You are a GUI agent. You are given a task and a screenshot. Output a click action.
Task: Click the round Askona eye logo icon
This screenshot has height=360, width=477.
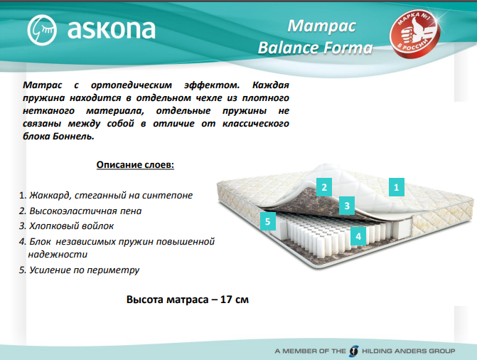[42, 30]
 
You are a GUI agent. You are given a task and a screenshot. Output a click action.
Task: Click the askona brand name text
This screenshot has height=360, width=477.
[111, 29]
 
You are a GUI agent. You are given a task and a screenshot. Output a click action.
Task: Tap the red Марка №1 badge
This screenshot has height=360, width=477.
[414, 33]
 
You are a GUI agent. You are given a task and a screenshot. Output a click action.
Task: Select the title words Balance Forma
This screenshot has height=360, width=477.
[315, 48]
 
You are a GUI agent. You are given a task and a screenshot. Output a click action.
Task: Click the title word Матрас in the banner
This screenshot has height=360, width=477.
[321, 26]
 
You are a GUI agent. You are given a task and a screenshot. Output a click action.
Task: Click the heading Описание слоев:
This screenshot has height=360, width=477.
[135, 165]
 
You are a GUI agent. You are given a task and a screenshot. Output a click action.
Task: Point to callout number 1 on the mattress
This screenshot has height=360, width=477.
[397, 187]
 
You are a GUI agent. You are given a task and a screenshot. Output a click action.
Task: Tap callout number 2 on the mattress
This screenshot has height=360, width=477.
[324, 187]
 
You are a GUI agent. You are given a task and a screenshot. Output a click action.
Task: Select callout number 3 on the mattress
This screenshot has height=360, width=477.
[347, 206]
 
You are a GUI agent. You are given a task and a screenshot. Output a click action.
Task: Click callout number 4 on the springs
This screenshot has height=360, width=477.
[358, 236]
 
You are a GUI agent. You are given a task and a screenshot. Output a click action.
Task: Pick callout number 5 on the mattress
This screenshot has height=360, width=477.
[268, 221]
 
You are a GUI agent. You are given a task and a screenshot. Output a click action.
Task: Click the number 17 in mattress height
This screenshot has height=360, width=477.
[226, 300]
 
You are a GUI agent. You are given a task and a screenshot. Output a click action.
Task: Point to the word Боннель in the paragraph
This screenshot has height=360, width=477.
[73, 136]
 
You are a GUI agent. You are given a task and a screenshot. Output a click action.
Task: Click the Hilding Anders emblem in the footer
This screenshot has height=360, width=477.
[354, 351]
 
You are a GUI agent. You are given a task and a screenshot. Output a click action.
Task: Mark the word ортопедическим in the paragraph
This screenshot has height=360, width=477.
[132, 85]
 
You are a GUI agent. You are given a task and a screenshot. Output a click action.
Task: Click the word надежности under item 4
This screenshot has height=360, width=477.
[58, 254]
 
